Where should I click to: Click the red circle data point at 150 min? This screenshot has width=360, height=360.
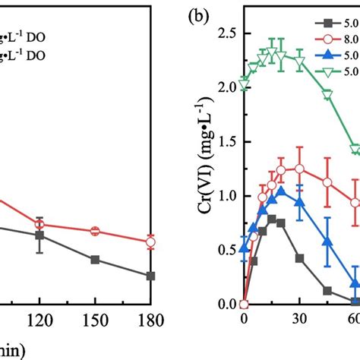95,231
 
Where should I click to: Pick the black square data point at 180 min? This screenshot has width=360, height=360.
150,276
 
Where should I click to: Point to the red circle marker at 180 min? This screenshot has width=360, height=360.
150,242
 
